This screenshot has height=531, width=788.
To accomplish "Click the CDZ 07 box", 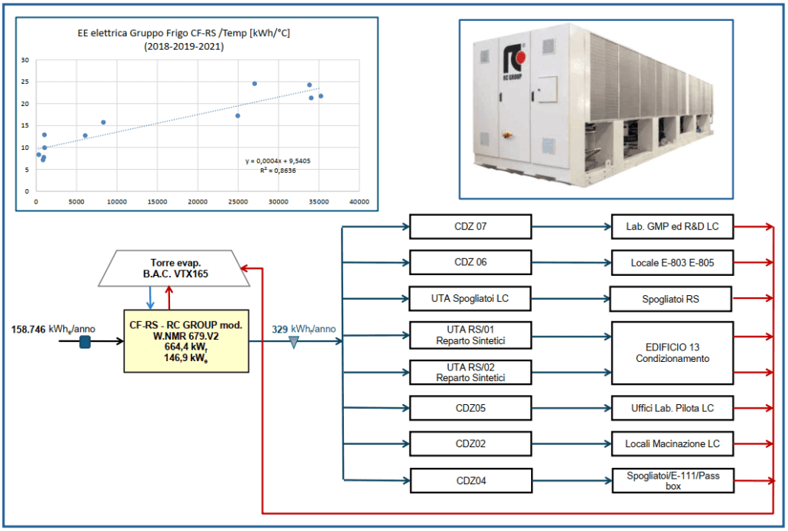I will tap(471, 227).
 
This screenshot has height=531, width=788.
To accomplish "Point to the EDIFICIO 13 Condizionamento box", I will tap(672, 353).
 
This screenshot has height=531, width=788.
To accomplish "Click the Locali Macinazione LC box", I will tap(672, 443).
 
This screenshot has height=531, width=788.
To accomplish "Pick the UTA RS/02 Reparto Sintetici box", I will tap(471, 372).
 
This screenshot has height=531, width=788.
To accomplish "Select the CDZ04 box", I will tap(471, 481).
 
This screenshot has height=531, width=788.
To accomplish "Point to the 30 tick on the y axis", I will tap(25, 60).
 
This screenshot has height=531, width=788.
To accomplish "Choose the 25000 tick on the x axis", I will tap(238, 202).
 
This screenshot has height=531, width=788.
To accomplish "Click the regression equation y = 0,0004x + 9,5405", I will tap(278, 161).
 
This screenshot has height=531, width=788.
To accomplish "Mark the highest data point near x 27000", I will tap(255, 84).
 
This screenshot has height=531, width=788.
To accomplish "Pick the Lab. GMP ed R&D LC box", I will tap(672, 227).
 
